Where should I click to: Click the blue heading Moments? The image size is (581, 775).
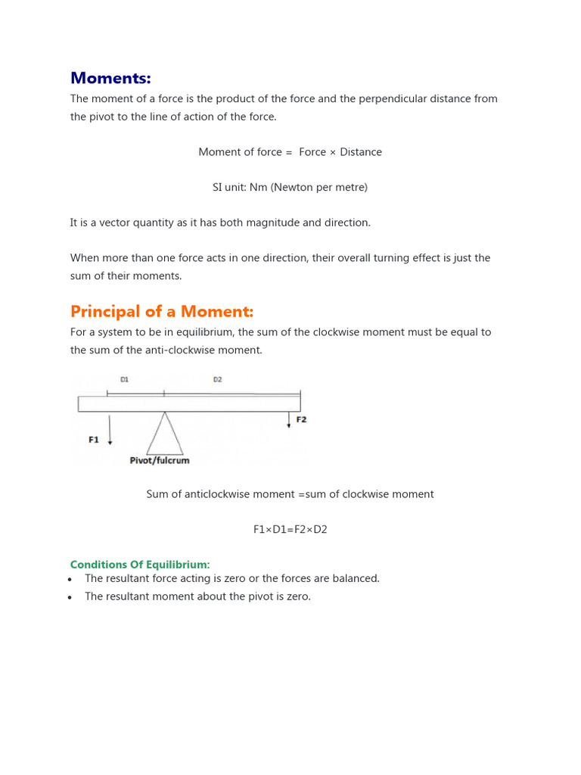click(x=110, y=78)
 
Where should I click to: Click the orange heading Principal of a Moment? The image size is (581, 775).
click(x=162, y=312)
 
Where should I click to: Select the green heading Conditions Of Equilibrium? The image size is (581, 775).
click(x=140, y=565)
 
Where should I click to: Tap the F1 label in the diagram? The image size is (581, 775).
click(x=94, y=439)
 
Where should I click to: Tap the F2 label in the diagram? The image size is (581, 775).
click(x=301, y=419)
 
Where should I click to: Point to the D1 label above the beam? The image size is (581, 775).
click(x=124, y=380)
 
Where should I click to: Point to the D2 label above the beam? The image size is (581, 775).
click(x=218, y=380)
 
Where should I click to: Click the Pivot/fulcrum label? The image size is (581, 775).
click(x=160, y=460)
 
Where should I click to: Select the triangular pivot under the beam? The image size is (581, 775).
click(x=165, y=434)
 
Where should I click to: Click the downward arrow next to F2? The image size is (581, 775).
click(x=288, y=420)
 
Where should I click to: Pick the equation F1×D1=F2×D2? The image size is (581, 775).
click(x=290, y=530)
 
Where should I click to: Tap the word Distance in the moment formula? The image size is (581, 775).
click(x=361, y=152)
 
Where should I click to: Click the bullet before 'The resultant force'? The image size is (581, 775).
click(x=70, y=579)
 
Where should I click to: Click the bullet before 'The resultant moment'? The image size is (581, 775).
click(x=70, y=597)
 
